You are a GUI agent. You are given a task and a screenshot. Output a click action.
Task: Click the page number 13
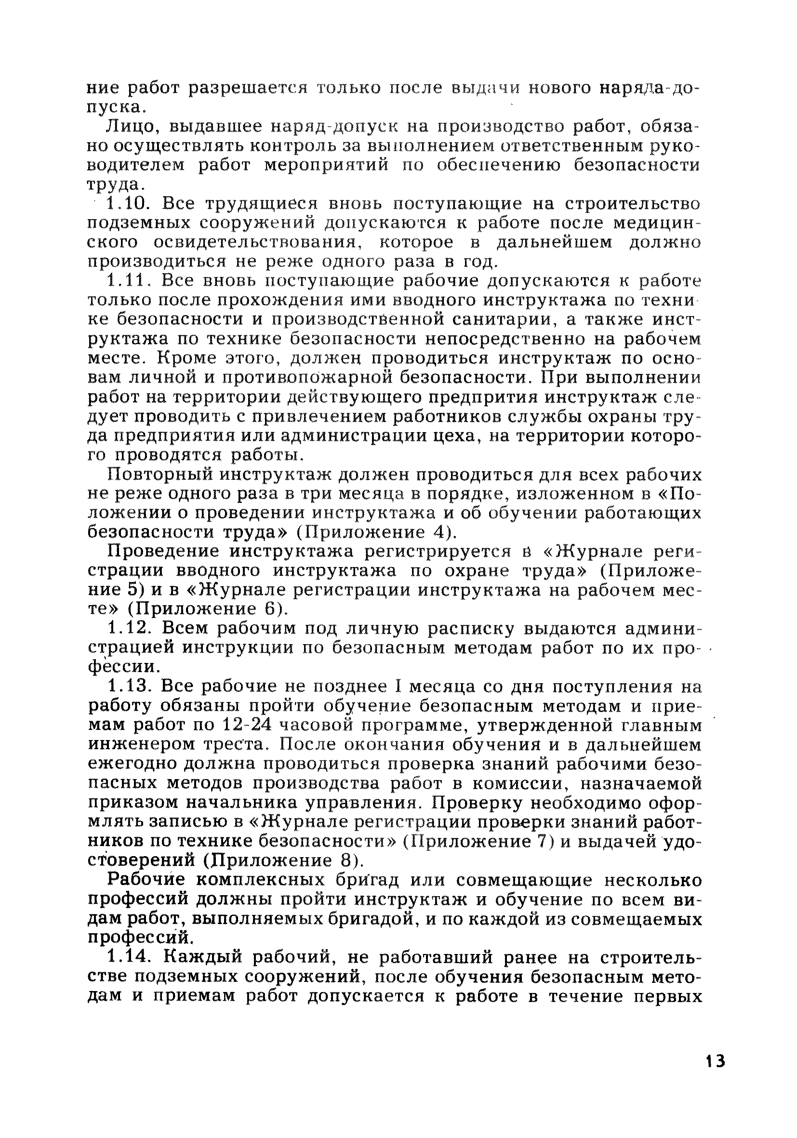714,1074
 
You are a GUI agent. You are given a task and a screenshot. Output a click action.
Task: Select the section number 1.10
128,204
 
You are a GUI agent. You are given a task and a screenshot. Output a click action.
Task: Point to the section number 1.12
128,629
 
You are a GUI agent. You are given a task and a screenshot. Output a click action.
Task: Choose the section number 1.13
128,687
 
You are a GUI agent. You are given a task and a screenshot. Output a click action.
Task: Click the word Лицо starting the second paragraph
132,127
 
